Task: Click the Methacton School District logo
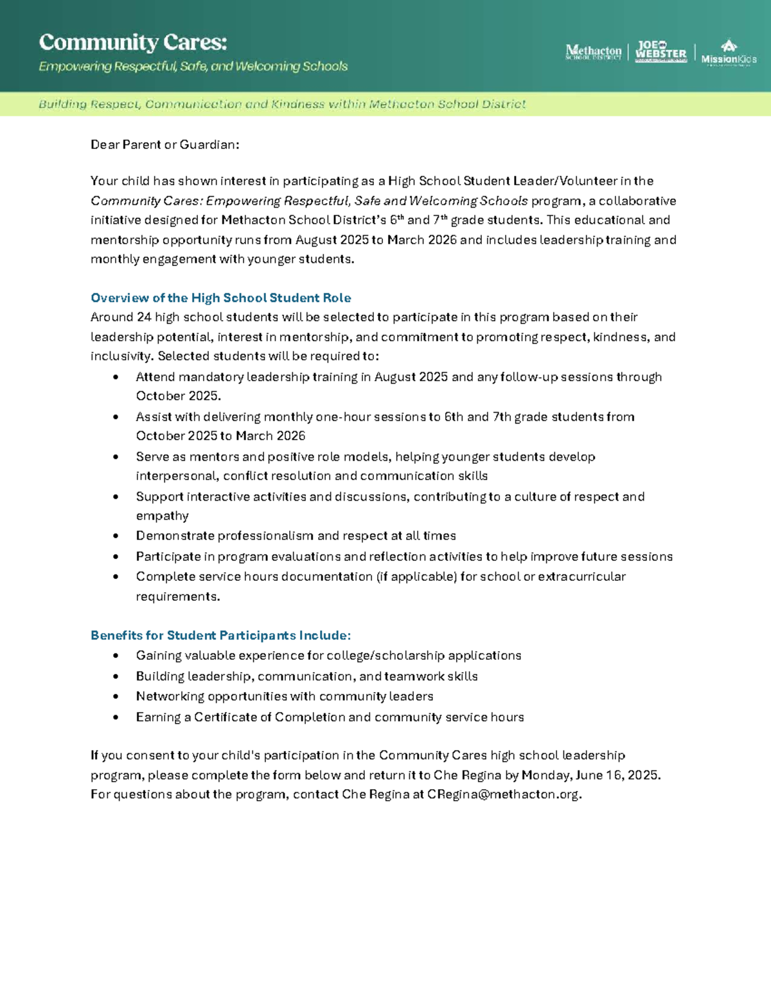point(593,52)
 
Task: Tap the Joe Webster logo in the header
point(660,51)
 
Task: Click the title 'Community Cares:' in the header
point(133,42)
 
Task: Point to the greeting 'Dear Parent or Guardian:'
point(164,145)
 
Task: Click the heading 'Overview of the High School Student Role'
point(220,298)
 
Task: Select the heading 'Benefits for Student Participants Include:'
point(220,635)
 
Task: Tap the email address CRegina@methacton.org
point(504,794)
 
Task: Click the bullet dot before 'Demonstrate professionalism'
point(116,536)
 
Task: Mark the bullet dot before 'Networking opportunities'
point(116,697)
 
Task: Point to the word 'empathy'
point(162,516)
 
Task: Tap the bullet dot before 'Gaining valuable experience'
point(116,656)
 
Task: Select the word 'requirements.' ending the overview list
point(177,596)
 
